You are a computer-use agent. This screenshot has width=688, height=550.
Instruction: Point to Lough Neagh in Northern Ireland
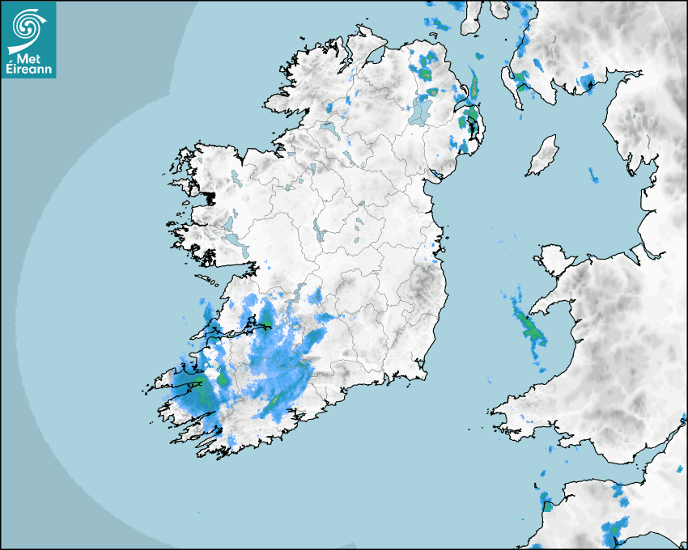(x=420, y=110)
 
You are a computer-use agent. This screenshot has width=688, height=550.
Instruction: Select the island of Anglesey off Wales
(x=553, y=259)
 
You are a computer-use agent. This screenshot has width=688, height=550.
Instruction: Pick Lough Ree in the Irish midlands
(x=320, y=233)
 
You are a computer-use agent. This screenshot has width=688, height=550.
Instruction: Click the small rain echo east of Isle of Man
(x=593, y=175)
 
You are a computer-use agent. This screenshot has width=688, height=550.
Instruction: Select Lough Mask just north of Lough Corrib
(x=229, y=220)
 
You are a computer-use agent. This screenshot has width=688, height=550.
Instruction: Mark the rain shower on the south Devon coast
(x=610, y=532)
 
